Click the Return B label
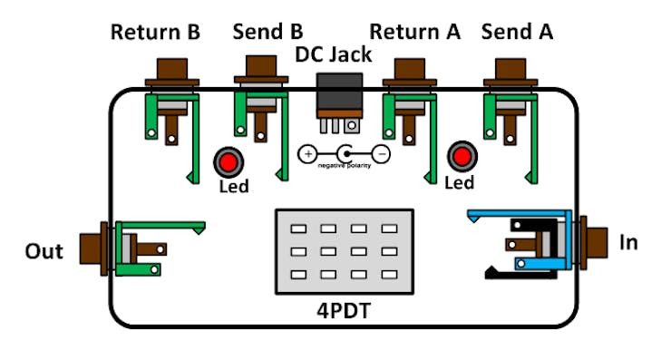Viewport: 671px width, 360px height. tap(155, 33)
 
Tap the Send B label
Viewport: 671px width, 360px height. tap(269, 33)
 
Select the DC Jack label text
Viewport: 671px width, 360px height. tap(334, 54)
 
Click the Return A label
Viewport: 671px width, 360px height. tap(415, 33)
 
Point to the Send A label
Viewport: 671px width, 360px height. tap(517, 33)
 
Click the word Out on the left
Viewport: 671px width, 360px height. tap(44, 251)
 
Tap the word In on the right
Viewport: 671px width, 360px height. tap(628, 243)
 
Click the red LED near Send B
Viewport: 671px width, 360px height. tap(227, 163)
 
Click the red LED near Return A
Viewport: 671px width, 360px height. tap(463, 157)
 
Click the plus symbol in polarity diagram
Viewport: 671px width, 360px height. tap(308, 154)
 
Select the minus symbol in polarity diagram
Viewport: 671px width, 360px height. tap(382, 154)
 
